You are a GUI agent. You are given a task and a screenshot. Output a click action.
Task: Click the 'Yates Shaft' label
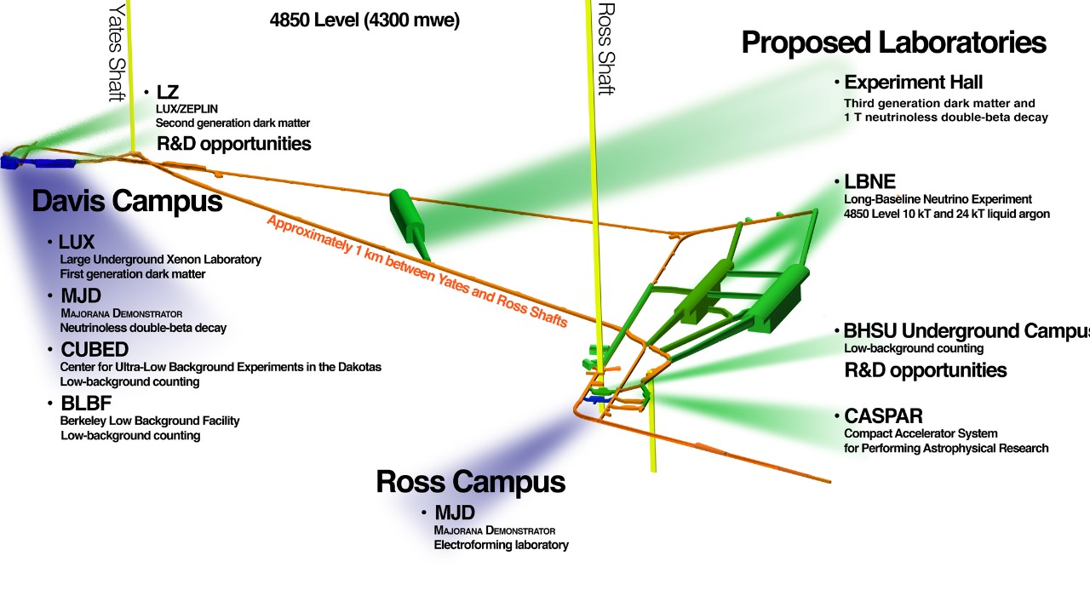(116, 51)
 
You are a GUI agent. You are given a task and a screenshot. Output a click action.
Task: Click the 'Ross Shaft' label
(605, 49)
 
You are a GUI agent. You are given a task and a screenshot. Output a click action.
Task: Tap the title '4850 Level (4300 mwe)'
(364, 20)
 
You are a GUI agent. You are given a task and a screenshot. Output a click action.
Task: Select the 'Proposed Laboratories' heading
(893, 43)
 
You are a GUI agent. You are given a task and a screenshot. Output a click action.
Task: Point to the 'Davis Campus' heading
(127, 202)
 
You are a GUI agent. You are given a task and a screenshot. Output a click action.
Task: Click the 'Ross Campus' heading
(470, 482)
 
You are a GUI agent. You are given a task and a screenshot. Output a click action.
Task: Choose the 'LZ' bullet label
(168, 92)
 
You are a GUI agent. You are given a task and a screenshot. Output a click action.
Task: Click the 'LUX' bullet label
(77, 243)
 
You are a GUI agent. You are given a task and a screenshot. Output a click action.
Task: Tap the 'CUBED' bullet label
(95, 350)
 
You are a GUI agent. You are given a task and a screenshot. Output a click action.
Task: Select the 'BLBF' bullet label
(86, 404)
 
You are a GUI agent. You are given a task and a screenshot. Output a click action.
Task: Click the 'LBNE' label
(869, 181)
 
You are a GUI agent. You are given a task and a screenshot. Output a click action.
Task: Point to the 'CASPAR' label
(883, 416)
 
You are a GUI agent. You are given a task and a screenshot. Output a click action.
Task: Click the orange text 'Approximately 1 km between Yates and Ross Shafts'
(417, 270)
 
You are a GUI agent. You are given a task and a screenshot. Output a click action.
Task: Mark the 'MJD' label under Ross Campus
(454, 513)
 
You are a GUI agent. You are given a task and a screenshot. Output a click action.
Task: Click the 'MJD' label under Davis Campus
(81, 296)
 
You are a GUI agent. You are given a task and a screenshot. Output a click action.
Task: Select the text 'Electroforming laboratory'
(501, 545)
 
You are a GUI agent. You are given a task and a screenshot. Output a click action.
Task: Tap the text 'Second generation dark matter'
(232, 123)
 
